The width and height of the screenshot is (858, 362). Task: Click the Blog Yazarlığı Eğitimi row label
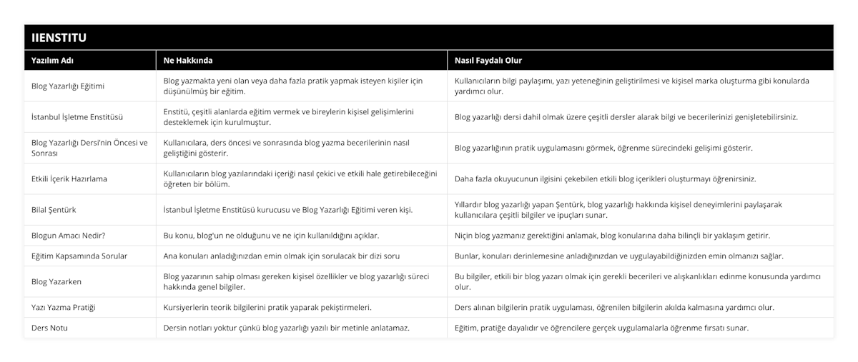pos(69,86)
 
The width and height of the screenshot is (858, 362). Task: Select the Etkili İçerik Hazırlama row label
pos(69,179)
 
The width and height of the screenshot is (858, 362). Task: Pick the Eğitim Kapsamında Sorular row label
pos(80,256)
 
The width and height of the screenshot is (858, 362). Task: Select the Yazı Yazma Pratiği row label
pos(64,307)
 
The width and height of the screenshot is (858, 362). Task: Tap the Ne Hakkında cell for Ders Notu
pos(287,328)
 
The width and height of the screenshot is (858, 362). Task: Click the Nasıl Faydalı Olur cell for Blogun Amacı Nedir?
pos(613,235)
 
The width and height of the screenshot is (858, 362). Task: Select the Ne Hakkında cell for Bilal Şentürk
pos(288,209)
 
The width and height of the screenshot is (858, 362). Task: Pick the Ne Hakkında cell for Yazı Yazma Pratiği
pos(267,307)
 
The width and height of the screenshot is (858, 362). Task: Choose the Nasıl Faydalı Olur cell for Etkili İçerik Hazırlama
pos(606,179)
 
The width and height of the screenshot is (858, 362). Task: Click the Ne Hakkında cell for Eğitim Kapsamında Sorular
pos(282,256)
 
